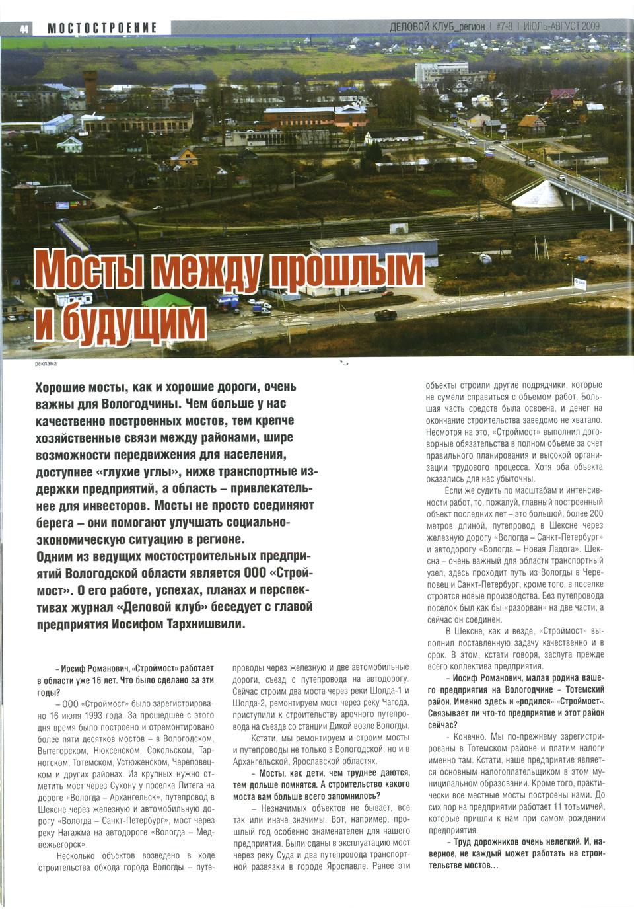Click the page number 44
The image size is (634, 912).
[24, 28]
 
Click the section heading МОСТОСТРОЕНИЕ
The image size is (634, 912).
[102, 28]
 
